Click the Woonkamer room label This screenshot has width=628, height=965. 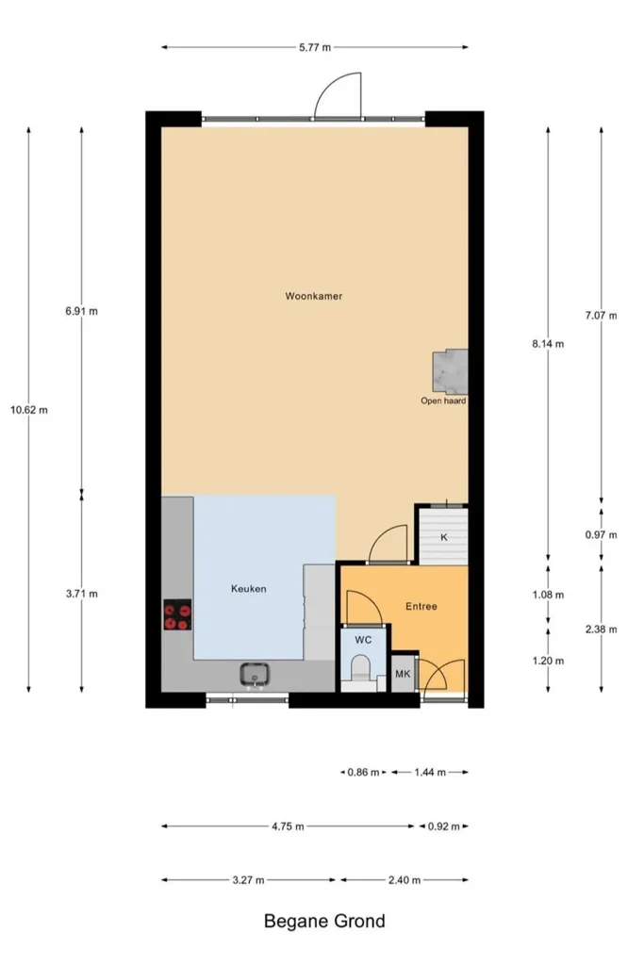(x=313, y=296)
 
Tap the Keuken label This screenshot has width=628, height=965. (x=249, y=588)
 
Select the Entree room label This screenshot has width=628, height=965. (x=421, y=606)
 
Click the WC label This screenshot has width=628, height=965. (x=363, y=640)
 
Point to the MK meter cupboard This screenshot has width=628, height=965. (x=403, y=674)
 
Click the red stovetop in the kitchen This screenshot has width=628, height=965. (x=176, y=614)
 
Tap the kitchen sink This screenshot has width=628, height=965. (x=255, y=675)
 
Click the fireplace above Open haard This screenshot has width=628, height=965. (x=450, y=371)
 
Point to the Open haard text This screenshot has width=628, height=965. (x=443, y=401)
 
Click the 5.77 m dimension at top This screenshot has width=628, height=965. (x=315, y=47)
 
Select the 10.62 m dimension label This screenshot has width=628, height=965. (x=29, y=410)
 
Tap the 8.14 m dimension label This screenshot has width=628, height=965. (x=548, y=344)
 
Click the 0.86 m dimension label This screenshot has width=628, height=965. (x=363, y=773)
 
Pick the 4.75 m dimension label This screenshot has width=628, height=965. (x=288, y=826)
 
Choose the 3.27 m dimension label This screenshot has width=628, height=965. (x=248, y=881)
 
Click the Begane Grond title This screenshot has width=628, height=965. (x=324, y=922)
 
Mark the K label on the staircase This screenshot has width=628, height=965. (x=444, y=537)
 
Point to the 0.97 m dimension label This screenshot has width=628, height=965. (x=601, y=535)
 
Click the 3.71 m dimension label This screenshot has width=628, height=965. (x=82, y=594)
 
